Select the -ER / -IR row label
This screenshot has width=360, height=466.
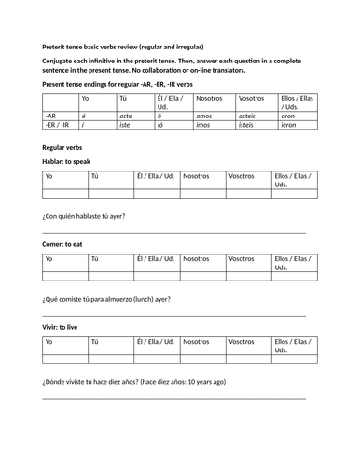(58, 123)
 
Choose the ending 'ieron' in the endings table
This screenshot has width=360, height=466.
(289, 123)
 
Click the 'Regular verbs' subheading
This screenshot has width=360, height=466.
(66, 147)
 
